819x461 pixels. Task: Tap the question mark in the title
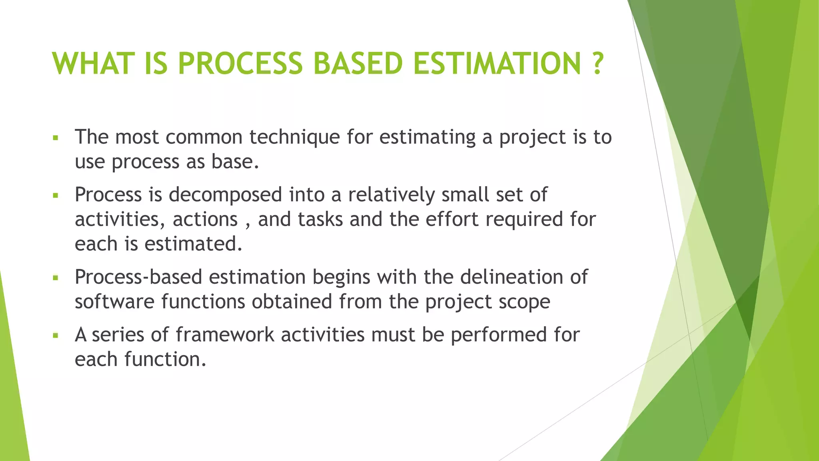coord(597,64)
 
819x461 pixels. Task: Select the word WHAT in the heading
coord(92,64)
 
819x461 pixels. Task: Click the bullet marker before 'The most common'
coord(56,138)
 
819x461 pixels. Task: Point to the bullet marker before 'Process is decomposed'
coord(56,196)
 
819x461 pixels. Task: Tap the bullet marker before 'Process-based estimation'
coord(56,278)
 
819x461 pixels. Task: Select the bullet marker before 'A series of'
coord(56,335)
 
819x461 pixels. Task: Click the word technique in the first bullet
coord(294,137)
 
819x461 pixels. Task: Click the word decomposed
coord(225,195)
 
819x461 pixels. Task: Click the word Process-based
coord(138,277)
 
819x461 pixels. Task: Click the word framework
coord(225,335)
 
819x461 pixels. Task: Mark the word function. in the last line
coord(165,359)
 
